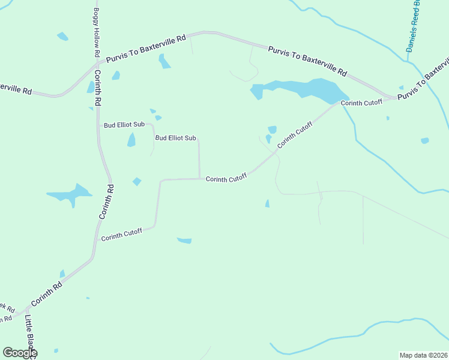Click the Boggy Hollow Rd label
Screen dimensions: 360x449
pyautogui.click(x=96, y=29)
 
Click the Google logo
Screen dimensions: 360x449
pyautogui.click(x=20, y=353)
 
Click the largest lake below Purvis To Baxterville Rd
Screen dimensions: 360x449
pyautogui.click(x=300, y=88)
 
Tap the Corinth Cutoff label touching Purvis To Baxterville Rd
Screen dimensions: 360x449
pyautogui.click(x=361, y=103)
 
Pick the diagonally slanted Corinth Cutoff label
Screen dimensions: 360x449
pyautogui.click(x=295, y=136)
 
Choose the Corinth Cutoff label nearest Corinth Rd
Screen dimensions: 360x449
pyautogui.click(x=121, y=235)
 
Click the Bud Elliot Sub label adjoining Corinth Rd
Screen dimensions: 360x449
pyautogui.click(x=124, y=125)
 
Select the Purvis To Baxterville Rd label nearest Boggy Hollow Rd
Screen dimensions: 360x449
pyautogui.click(x=146, y=49)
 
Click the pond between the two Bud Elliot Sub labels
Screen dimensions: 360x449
pyautogui.click(x=131, y=140)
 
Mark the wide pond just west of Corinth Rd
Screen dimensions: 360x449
pyautogui.click(x=68, y=194)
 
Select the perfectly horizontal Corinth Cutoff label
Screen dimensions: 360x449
pyautogui.click(x=226, y=179)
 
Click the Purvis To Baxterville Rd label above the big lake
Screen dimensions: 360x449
pyautogui.click(x=307, y=61)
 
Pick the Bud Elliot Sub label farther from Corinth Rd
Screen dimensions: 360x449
pyautogui.click(x=175, y=138)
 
